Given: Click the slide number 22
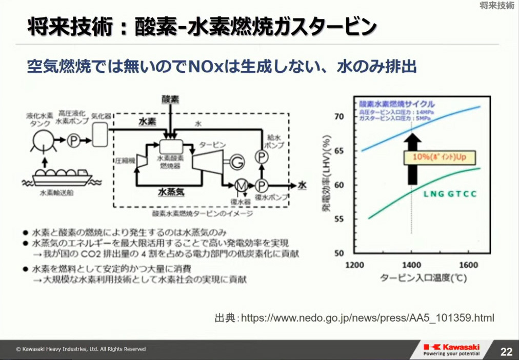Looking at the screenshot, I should [506, 351].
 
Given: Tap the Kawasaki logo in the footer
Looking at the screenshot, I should [452, 349].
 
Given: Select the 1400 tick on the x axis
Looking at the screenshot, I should [411, 266].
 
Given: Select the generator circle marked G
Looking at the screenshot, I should [237, 161].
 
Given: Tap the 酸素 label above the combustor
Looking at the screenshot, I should [169, 98].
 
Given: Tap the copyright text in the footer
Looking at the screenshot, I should [81, 349].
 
